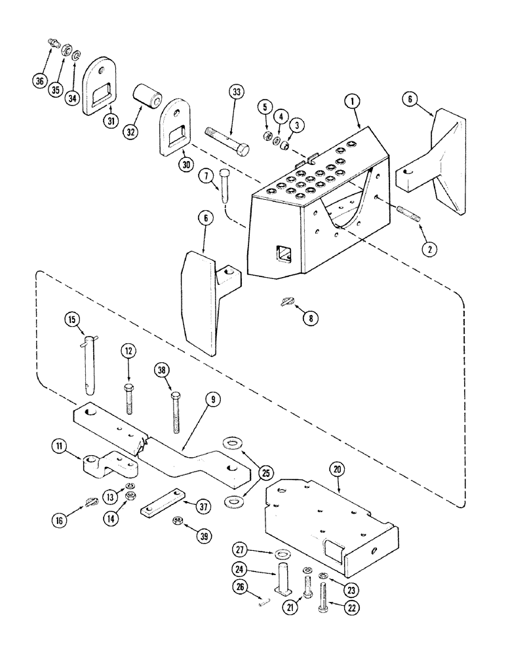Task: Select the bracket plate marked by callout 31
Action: [99, 86]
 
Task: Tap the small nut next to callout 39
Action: [177, 520]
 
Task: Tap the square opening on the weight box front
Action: [284, 252]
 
